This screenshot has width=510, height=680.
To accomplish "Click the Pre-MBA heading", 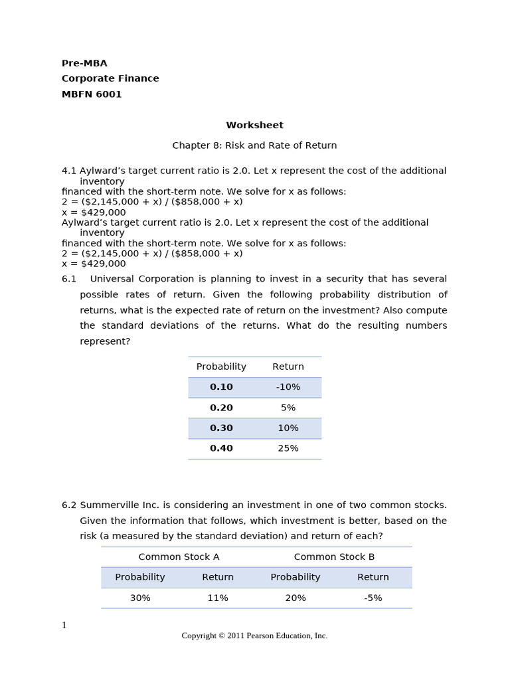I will coord(84,63).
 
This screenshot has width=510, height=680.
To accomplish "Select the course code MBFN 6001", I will coord(92,94).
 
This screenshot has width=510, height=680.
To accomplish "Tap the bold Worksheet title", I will coord(254,125).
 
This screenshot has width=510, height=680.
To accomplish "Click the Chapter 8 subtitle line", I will coord(254,145).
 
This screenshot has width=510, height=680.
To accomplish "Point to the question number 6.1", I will coord(69,279).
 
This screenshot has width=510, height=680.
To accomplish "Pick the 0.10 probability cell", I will coord(221,387).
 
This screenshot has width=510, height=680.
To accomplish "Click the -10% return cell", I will coord(288,387).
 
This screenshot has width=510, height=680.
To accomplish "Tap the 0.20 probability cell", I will coord(221,408).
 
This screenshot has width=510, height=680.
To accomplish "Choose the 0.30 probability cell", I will coord(221,428).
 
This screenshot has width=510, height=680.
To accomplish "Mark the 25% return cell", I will coord(288,448).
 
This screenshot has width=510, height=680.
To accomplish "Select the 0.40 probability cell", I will coord(221,448).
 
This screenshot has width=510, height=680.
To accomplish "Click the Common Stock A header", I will coord(179,557).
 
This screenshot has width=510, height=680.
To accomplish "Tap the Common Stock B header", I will coord(334,557).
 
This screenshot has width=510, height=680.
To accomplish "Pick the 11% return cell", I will coord(218,598).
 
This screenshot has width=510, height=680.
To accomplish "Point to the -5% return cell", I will coord(373,598).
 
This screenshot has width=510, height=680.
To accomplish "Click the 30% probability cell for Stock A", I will coord(140,598).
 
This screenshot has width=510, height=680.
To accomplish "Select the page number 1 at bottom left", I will coord(64,625).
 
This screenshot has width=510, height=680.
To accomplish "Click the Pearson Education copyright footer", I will coord(254,636).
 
